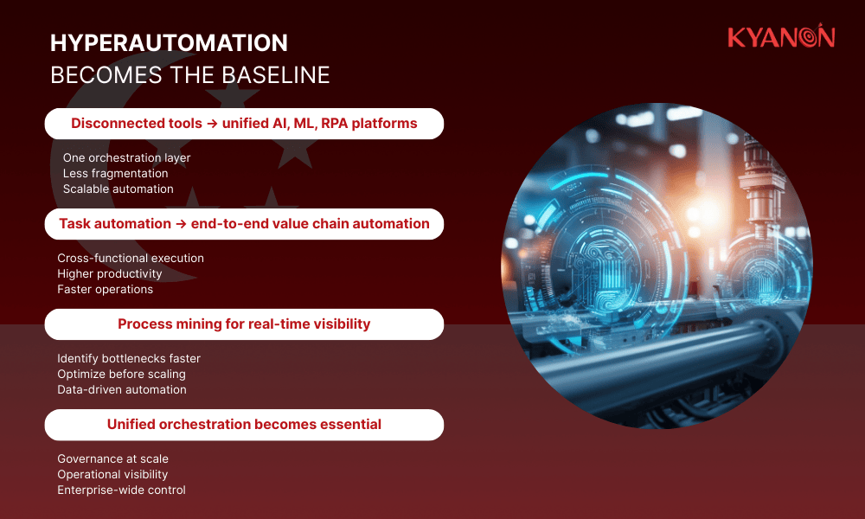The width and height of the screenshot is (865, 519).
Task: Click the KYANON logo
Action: [780, 37]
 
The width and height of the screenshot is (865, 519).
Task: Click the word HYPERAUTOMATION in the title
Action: [169, 43]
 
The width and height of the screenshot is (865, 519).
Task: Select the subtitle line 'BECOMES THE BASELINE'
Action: [190, 75]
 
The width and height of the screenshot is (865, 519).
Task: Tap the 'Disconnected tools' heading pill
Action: [244, 124]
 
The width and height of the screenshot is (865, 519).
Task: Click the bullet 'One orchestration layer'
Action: [126, 157]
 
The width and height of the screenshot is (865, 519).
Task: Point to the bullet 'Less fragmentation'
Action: [115, 173]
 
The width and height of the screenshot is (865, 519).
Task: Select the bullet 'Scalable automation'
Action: [118, 189]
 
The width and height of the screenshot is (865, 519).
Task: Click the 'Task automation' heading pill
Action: [244, 224]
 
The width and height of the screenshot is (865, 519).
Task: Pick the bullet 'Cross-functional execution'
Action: [131, 258]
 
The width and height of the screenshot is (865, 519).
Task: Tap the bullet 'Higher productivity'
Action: [110, 273]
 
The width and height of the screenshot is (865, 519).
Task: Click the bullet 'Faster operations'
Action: [105, 289]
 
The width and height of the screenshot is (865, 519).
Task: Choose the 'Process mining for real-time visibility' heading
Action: [244, 324]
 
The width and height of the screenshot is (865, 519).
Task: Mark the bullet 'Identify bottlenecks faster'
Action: [129, 358]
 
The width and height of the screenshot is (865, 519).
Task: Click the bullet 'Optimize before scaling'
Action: [121, 374]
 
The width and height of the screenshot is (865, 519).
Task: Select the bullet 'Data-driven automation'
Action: [122, 389]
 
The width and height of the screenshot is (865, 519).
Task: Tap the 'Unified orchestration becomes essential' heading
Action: [244, 425]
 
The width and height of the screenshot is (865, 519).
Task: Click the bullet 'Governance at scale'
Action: [112, 458]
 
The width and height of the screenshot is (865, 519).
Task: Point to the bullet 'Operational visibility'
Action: [112, 474]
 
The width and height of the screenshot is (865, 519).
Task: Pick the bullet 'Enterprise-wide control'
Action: [121, 490]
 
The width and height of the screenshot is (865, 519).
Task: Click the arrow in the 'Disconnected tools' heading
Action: [210, 124]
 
